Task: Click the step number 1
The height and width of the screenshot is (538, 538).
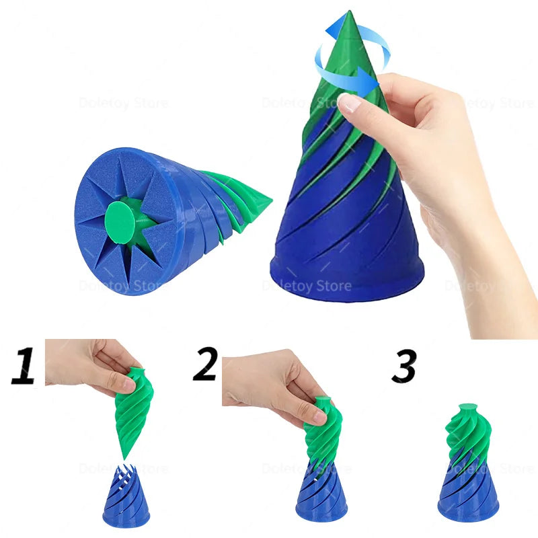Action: (24, 366)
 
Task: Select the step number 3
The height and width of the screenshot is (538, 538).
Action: (403, 366)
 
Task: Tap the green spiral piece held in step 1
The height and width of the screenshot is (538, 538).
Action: (134, 410)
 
